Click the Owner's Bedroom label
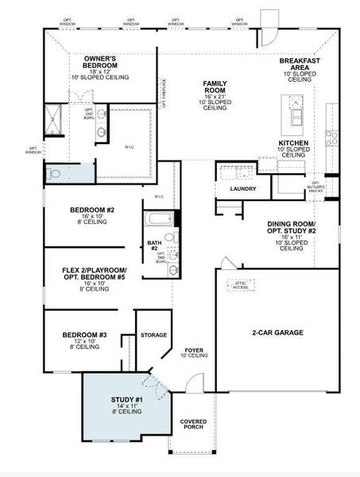[x=101, y=63]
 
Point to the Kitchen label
[x=292, y=143]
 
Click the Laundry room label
[x=242, y=189]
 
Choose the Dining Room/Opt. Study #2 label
[x=292, y=230]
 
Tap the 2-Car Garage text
[x=277, y=332]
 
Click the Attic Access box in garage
[x=241, y=284]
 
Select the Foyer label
[x=194, y=351]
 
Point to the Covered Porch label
[x=192, y=424]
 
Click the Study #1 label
[x=126, y=401]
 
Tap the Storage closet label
[x=153, y=335]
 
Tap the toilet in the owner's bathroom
[x=54, y=173]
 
